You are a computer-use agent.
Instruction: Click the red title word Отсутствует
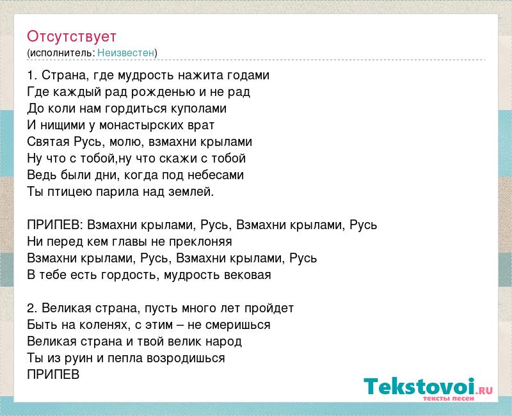[x=72, y=36]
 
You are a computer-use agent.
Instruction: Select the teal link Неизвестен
[x=125, y=52]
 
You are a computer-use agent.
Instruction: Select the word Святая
[x=49, y=141]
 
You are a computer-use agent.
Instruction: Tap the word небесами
[x=216, y=175]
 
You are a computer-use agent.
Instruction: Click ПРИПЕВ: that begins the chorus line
[x=56, y=225]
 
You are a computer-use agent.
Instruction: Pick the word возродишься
[x=186, y=358]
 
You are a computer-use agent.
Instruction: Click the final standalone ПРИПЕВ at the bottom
[x=53, y=374]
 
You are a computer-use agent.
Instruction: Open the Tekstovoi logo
[x=428, y=387]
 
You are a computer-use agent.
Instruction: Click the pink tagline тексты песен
[x=449, y=399]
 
